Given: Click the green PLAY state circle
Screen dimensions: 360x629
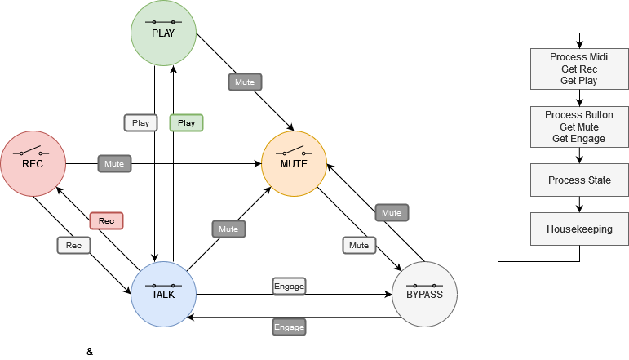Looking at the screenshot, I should pyautogui.click(x=163, y=33).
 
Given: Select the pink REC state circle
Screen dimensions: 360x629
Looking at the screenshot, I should pyautogui.click(x=33, y=163).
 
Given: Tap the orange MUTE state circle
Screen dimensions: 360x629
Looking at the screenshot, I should pyautogui.click(x=294, y=163).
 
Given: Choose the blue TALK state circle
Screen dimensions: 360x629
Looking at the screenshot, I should pyautogui.click(x=163, y=294).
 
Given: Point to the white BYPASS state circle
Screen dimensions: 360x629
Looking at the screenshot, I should pyautogui.click(x=424, y=294).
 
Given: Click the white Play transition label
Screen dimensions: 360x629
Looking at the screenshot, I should pyautogui.click(x=140, y=123).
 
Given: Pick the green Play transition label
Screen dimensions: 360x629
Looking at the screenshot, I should pyautogui.click(x=186, y=123).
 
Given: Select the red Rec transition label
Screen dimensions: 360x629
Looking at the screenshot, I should pyautogui.click(x=106, y=221).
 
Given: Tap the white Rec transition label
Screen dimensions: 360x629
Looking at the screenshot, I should pyautogui.click(x=73, y=245).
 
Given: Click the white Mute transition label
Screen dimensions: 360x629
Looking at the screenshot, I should pyautogui.click(x=359, y=245).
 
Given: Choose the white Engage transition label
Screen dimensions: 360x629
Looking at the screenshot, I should pyautogui.click(x=289, y=287).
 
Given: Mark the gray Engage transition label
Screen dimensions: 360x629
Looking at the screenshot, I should pyautogui.click(x=289, y=327).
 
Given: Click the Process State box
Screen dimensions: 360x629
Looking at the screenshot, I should pyautogui.click(x=579, y=180).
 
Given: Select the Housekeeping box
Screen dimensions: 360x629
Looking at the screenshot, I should pyautogui.click(x=579, y=229).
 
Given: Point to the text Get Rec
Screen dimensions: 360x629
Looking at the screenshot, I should pyautogui.click(x=579, y=69).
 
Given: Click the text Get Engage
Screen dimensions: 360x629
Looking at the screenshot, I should pyautogui.click(x=579, y=139).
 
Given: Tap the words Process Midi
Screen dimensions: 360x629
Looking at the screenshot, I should pyautogui.click(x=579, y=57).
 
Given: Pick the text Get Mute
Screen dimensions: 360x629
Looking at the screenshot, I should pyautogui.click(x=579, y=127).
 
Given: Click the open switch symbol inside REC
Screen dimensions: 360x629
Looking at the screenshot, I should pyautogui.click(x=33, y=152).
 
